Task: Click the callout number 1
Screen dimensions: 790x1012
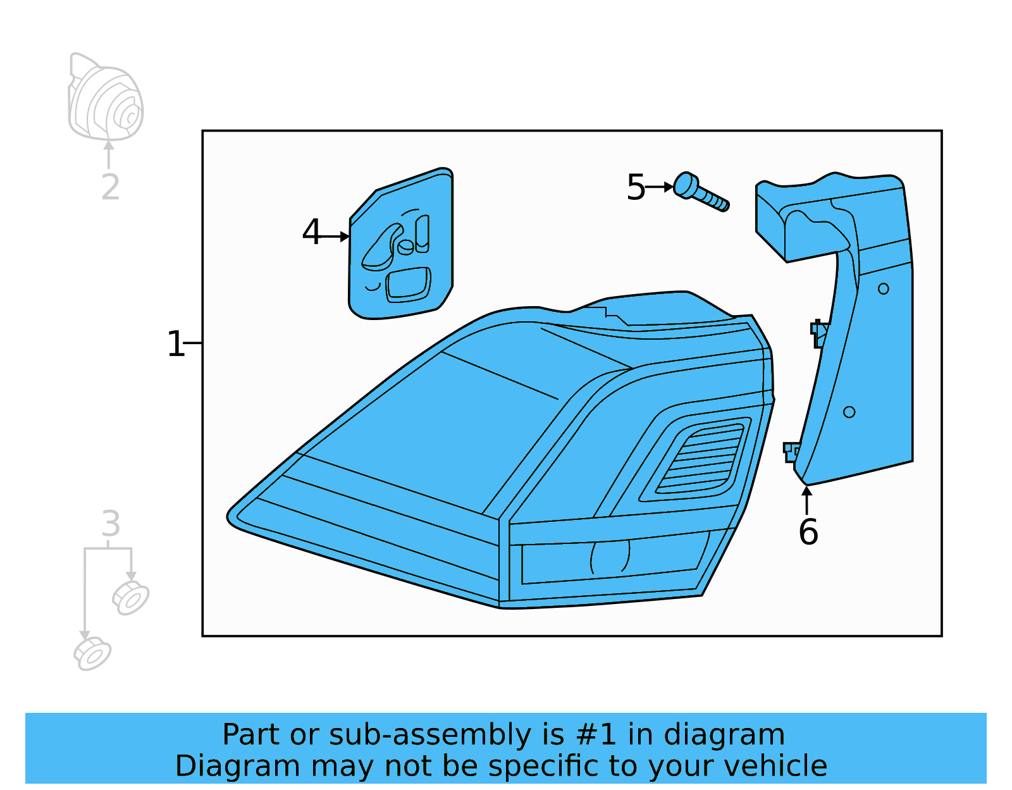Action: (175, 344)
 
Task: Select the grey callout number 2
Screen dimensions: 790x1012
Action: (111, 187)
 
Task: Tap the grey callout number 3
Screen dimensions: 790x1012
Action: (111, 524)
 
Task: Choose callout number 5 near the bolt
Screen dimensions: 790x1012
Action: (636, 188)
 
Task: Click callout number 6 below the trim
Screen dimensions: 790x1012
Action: (808, 532)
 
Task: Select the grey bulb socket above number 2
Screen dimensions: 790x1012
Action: (106, 99)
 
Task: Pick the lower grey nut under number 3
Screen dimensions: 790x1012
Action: (92, 654)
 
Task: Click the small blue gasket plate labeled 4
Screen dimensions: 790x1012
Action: (401, 247)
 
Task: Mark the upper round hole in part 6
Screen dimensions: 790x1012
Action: (884, 288)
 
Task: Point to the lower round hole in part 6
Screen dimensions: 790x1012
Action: (849, 412)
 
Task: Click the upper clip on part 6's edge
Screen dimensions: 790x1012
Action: (819, 333)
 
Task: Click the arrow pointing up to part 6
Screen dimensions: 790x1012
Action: (807, 499)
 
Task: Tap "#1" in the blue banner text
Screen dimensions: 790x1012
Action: (596, 735)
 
